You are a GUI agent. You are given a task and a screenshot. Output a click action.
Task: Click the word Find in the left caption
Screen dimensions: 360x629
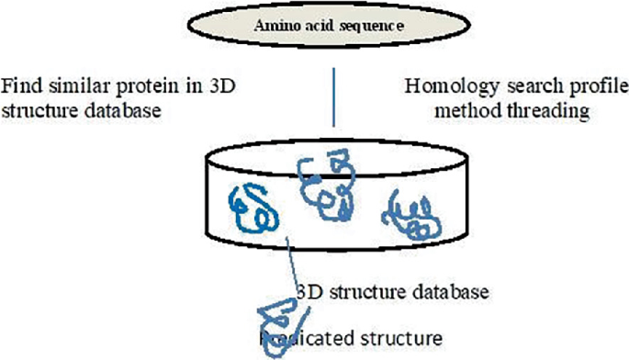tap(20, 88)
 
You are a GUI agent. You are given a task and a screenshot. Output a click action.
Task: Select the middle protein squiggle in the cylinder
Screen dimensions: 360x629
tap(325, 186)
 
